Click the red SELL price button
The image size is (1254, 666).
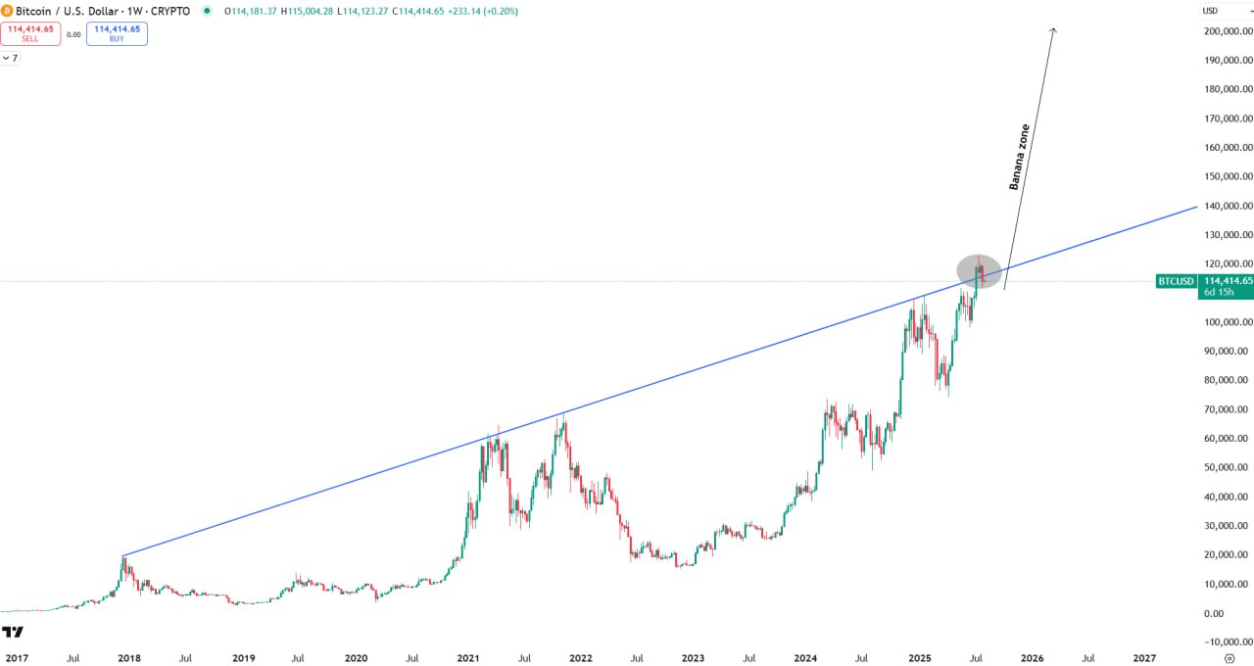[30, 34]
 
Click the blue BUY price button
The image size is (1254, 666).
[117, 34]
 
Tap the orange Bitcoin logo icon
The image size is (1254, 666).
[8, 11]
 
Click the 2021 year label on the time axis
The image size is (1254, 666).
[468, 659]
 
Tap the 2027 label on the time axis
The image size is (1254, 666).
[1144, 659]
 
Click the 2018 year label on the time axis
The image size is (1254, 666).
[129, 659]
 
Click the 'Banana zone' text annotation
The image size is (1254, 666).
[1020, 157]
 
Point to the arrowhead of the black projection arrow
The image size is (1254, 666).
[1053, 30]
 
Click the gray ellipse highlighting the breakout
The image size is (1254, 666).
[979, 271]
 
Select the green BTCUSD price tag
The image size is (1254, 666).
[1176, 281]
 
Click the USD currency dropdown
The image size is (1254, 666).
[1224, 11]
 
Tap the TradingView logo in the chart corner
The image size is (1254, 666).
[13, 632]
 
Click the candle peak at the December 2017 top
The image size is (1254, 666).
[123, 556]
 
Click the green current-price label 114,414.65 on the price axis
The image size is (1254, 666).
[1228, 281]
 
